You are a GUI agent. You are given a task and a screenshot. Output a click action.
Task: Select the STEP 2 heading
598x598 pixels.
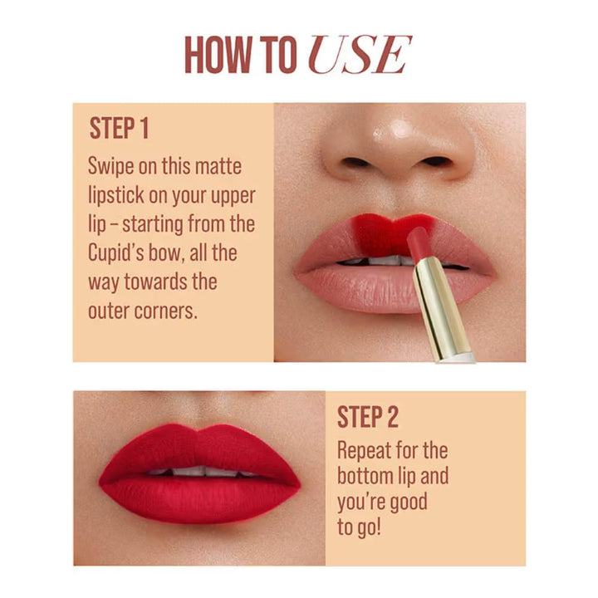coord(367,418)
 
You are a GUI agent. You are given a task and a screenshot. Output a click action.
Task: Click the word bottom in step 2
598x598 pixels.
coord(369,477)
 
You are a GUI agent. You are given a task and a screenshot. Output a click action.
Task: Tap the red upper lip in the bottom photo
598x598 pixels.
coord(199,448)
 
